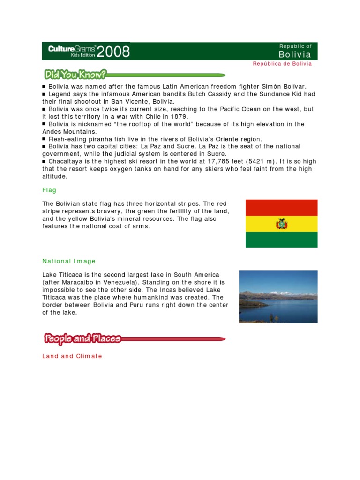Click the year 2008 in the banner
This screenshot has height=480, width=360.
[113, 52]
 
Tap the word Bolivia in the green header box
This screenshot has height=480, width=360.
[295, 54]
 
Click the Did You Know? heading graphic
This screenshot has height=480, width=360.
[75, 74]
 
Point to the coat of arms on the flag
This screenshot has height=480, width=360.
[281, 224]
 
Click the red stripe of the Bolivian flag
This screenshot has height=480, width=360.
[281, 207]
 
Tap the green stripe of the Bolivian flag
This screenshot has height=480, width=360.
[281, 240]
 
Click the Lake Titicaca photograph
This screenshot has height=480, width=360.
[278, 297]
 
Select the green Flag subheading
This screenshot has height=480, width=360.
[49, 190]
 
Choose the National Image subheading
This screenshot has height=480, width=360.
[69, 261]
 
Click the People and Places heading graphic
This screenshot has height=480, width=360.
[83, 338]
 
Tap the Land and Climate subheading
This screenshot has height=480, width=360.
[72, 356]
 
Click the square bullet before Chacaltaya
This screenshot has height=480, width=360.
[44, 162]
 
